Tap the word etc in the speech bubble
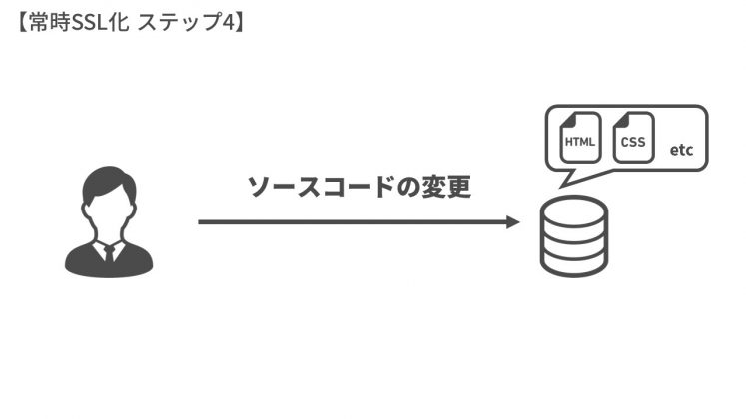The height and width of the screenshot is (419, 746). tap(681, 150)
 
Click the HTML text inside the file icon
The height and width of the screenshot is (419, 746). tap(579, 142)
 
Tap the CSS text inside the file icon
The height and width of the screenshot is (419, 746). tap(632, 142)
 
